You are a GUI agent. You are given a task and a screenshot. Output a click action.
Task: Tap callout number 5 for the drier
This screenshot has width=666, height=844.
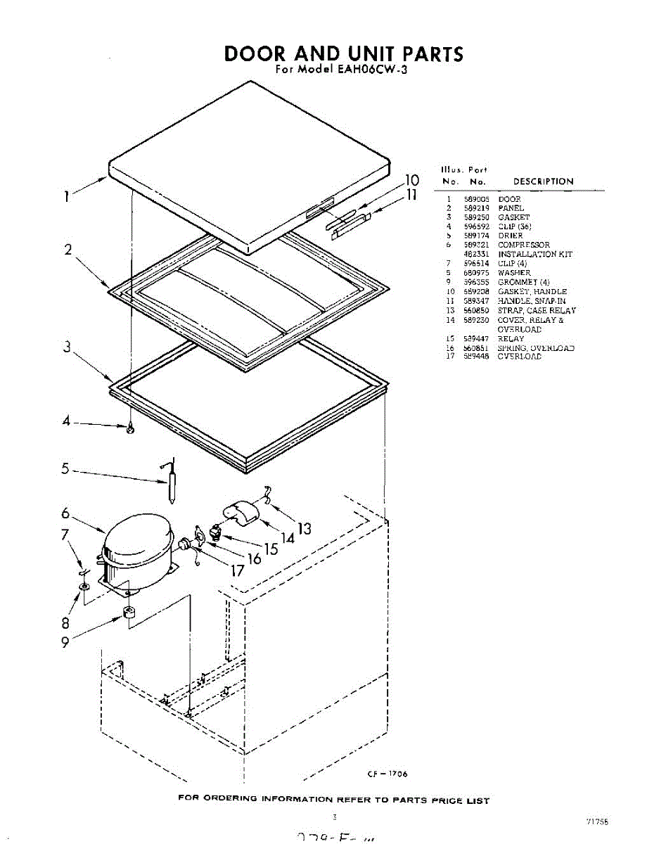tap(65, 468)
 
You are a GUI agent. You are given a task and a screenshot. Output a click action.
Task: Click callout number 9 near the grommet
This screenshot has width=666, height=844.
tap(65, 641)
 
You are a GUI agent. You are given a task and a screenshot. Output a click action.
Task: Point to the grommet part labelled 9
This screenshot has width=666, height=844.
tap(129, 613)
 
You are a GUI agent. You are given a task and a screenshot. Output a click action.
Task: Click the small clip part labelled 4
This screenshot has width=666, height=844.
tap(131, 428)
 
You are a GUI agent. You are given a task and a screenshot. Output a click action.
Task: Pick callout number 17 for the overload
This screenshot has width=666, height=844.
tap(237, 570)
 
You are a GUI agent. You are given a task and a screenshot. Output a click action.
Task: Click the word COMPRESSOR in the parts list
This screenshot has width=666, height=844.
tap(524, 245)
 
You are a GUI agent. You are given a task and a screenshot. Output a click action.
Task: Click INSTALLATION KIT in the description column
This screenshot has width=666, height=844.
tap(535, 255)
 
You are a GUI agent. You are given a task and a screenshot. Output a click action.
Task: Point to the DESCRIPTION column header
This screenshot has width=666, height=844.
tap(543, 181)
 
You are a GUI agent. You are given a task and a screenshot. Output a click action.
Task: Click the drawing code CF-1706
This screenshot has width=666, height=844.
tap(387, 774)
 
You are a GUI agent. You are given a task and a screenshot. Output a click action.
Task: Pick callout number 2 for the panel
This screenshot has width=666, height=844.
tap(68, 250)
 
